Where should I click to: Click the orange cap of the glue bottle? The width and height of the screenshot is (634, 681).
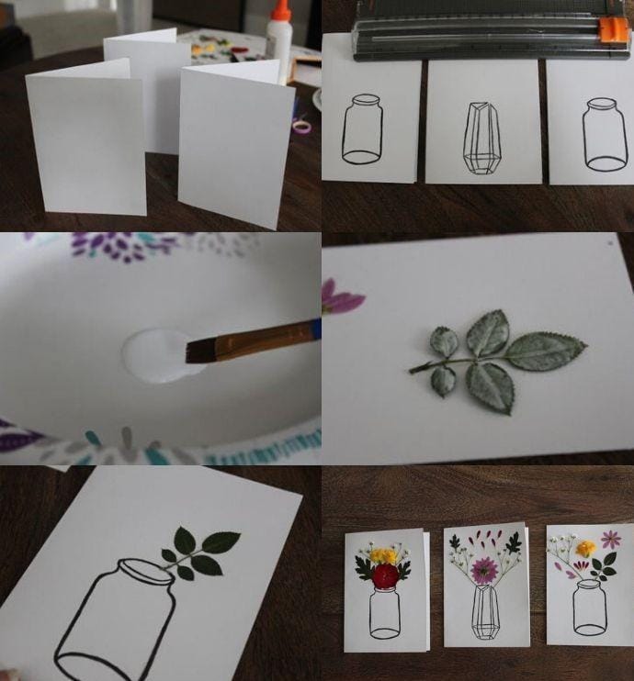coord(280,10)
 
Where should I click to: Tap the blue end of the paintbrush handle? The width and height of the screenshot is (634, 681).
coord(315,327)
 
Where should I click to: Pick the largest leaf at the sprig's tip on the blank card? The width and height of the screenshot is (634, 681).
coord(549,351)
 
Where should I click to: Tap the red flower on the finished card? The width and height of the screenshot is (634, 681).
coord(386,575)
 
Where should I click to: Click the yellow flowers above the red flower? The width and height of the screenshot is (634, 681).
coord(384,554)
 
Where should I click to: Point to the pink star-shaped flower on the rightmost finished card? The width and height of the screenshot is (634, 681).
coord(610,540)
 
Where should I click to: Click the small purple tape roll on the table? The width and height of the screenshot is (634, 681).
coord(301,126)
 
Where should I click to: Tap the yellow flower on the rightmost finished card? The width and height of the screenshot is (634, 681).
coord(585,549)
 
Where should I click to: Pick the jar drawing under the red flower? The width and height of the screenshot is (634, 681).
coord(385,613)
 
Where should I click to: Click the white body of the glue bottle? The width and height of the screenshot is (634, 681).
coord(278,46)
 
